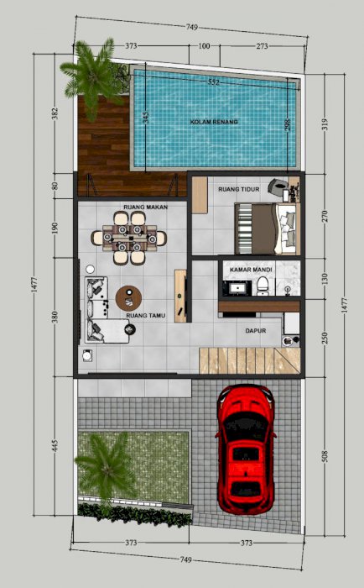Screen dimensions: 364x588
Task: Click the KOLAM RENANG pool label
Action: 214,122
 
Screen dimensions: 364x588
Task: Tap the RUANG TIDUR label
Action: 239,189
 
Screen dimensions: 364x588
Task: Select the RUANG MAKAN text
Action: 146,207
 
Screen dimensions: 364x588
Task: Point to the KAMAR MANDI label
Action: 251,270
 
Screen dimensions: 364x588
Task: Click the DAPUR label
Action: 256,331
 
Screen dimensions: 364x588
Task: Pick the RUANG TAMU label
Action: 146,316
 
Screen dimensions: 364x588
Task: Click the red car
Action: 245,449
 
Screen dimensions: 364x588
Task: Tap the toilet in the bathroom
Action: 263,285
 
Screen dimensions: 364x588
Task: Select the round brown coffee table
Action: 128,298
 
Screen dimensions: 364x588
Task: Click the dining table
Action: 129,238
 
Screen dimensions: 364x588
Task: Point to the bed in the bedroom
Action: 268,228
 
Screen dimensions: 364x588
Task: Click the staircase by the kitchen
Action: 249,360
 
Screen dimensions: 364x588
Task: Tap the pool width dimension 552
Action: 214,82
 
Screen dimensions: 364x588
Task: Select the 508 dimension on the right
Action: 325,456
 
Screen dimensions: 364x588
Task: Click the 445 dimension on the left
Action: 55,446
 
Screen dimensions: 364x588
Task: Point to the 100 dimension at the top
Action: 204,46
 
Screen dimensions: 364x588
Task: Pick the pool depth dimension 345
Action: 146,118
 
